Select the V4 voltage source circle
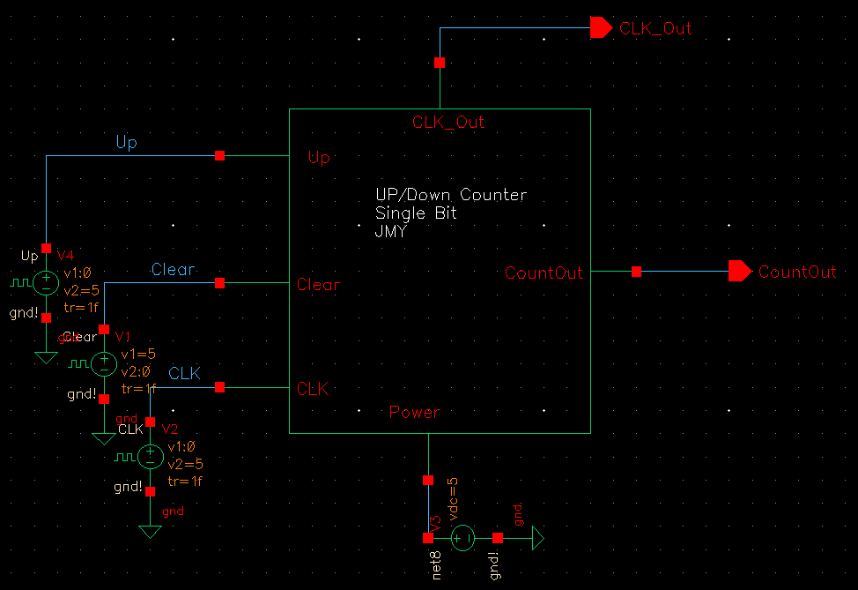click(x=46, y=283)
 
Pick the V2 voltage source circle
click(x=150, y=457)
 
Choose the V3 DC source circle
click(x=463, y=538)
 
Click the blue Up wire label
click(x=126, y=142)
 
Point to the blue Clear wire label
click(x=173, y=269)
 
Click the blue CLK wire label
click(x=185, y=373)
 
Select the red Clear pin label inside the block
click(x=318, y=285)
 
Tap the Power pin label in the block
click(x=415, y=412)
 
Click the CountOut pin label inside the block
click(x=544, y=273)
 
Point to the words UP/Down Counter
click(x=451, y=195)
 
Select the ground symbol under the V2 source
click(x=150, y=531)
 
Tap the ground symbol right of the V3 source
click(x=536, y=538)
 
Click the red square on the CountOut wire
click(x=636, y=272)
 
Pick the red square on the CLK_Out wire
click(x=440, y=63)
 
